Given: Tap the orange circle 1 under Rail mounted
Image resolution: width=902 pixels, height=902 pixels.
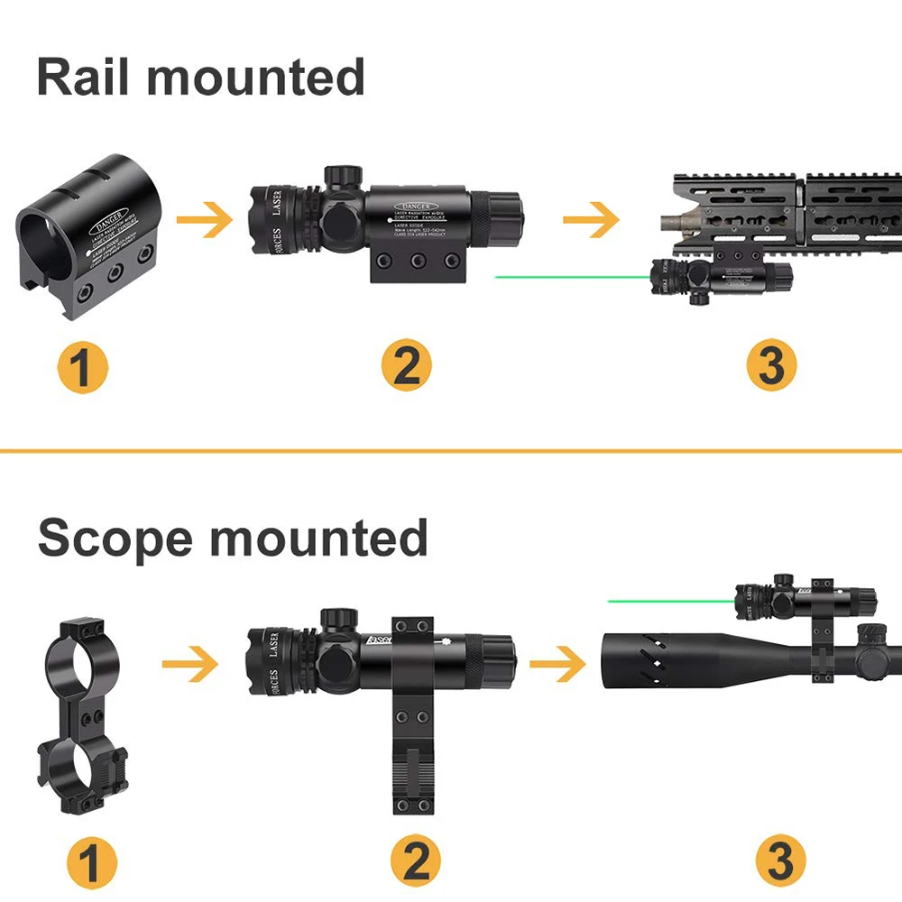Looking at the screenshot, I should [x=82, y=367].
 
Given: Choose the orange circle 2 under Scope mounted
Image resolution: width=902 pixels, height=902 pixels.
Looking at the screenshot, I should [x=416, y=861].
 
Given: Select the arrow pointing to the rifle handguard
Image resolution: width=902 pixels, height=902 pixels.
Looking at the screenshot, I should [x=591, y=220].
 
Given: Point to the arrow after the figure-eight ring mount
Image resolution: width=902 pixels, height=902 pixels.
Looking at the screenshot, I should [x=190, y=667].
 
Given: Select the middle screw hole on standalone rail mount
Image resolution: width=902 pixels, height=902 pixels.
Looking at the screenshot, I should [x=115, y=274].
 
